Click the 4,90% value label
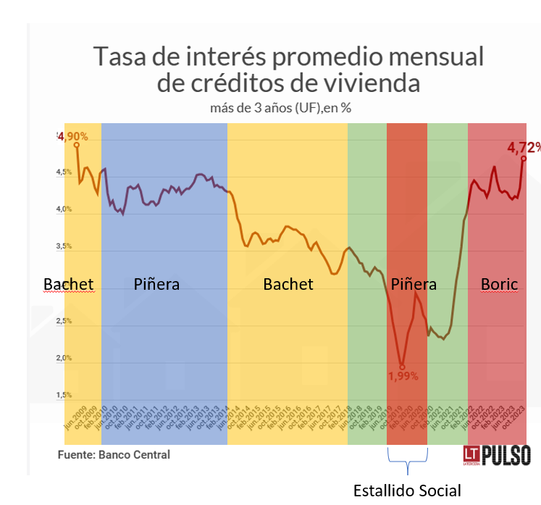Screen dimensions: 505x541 74,136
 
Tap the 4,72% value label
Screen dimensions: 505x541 524,147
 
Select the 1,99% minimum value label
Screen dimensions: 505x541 403,376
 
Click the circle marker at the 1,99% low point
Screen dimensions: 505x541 403,367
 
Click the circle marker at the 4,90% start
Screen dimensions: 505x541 77,145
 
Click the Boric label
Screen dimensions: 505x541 500,284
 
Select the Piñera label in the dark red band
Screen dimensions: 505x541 414,284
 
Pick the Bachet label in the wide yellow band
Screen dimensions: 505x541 288,284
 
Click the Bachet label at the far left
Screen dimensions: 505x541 69,284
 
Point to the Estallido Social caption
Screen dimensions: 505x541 407,491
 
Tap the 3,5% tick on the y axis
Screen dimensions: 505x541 64,246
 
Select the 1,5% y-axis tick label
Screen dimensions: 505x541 64,395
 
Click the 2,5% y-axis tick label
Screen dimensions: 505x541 64,321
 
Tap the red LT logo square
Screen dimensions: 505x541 472,454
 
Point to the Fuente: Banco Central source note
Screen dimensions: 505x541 114,455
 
